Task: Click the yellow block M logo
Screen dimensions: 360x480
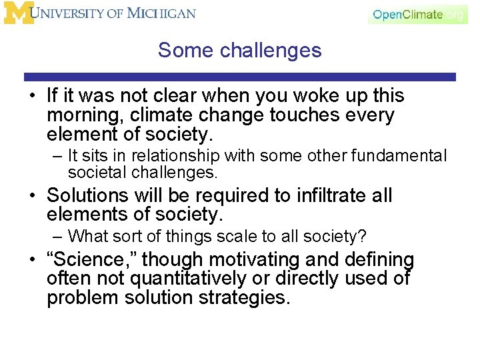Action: (19, 13)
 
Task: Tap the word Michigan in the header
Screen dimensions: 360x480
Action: (163, 13)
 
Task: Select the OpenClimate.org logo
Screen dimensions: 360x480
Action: (418, 14)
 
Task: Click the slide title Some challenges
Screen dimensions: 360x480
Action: (240, 50)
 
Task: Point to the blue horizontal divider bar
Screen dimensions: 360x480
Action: (240, 77)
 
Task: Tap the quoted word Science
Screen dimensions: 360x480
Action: (91, 259)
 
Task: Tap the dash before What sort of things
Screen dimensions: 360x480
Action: (57, 237)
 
